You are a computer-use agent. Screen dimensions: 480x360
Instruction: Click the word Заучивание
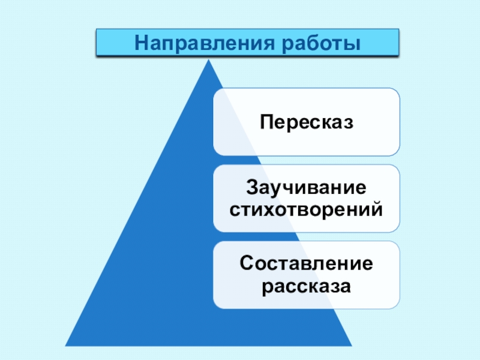[307, 187]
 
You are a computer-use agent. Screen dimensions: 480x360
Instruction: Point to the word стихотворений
[307, 210]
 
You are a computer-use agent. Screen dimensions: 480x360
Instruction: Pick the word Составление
[307, 263]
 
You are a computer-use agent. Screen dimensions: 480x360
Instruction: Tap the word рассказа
[307, 286]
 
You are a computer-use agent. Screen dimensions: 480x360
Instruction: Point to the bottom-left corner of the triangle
[65, 346]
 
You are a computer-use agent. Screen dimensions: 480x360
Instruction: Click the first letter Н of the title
[141, 43]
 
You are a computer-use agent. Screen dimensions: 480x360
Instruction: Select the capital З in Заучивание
[253, 187]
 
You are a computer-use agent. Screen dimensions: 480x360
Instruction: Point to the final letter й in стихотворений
[377, 210]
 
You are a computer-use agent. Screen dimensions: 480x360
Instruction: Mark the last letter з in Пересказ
[349, 122]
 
